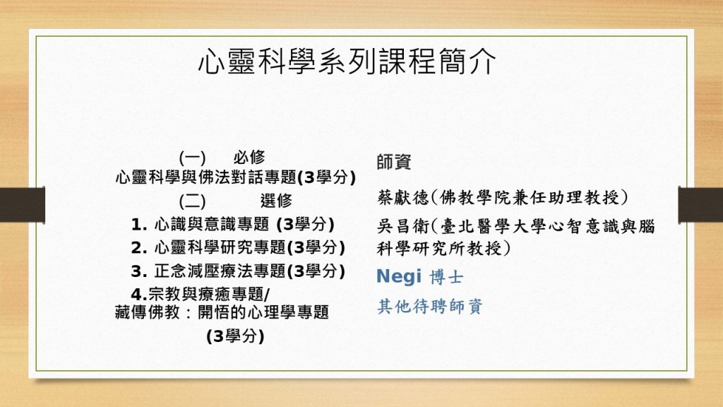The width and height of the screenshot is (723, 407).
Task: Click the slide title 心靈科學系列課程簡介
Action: [x=347, y=61]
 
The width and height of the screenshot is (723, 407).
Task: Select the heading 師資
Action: [x=394, y=162]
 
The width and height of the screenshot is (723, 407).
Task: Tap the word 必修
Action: [x=249, y=158]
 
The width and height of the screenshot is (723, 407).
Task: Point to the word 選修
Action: [x=276, y=200]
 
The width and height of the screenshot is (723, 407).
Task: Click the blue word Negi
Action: [x=399, y=276]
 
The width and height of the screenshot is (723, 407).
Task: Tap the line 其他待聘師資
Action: [x=430, y=306]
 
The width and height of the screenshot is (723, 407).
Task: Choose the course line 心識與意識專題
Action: [x=212, y=224]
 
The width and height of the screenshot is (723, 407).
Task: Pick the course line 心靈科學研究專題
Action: [x=220, y=247]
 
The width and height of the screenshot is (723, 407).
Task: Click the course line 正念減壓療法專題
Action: [x=220, y=271]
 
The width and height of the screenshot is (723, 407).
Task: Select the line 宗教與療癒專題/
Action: [x=209, y=294]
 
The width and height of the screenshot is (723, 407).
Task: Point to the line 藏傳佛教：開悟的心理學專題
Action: [x=222, y=312]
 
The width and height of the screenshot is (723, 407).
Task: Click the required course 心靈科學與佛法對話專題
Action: [x=206, y=177]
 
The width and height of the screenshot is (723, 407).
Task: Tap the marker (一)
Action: [x=192, y=158]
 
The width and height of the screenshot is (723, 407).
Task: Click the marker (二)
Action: [x=192, y=201]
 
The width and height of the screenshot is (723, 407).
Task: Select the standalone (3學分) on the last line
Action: [x=235, y=336]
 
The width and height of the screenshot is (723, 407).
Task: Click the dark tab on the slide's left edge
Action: [x=23, y=205]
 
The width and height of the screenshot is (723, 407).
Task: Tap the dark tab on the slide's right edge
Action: [x=700, y=205]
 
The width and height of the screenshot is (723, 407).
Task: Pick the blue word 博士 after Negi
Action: [x=446, y=277]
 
